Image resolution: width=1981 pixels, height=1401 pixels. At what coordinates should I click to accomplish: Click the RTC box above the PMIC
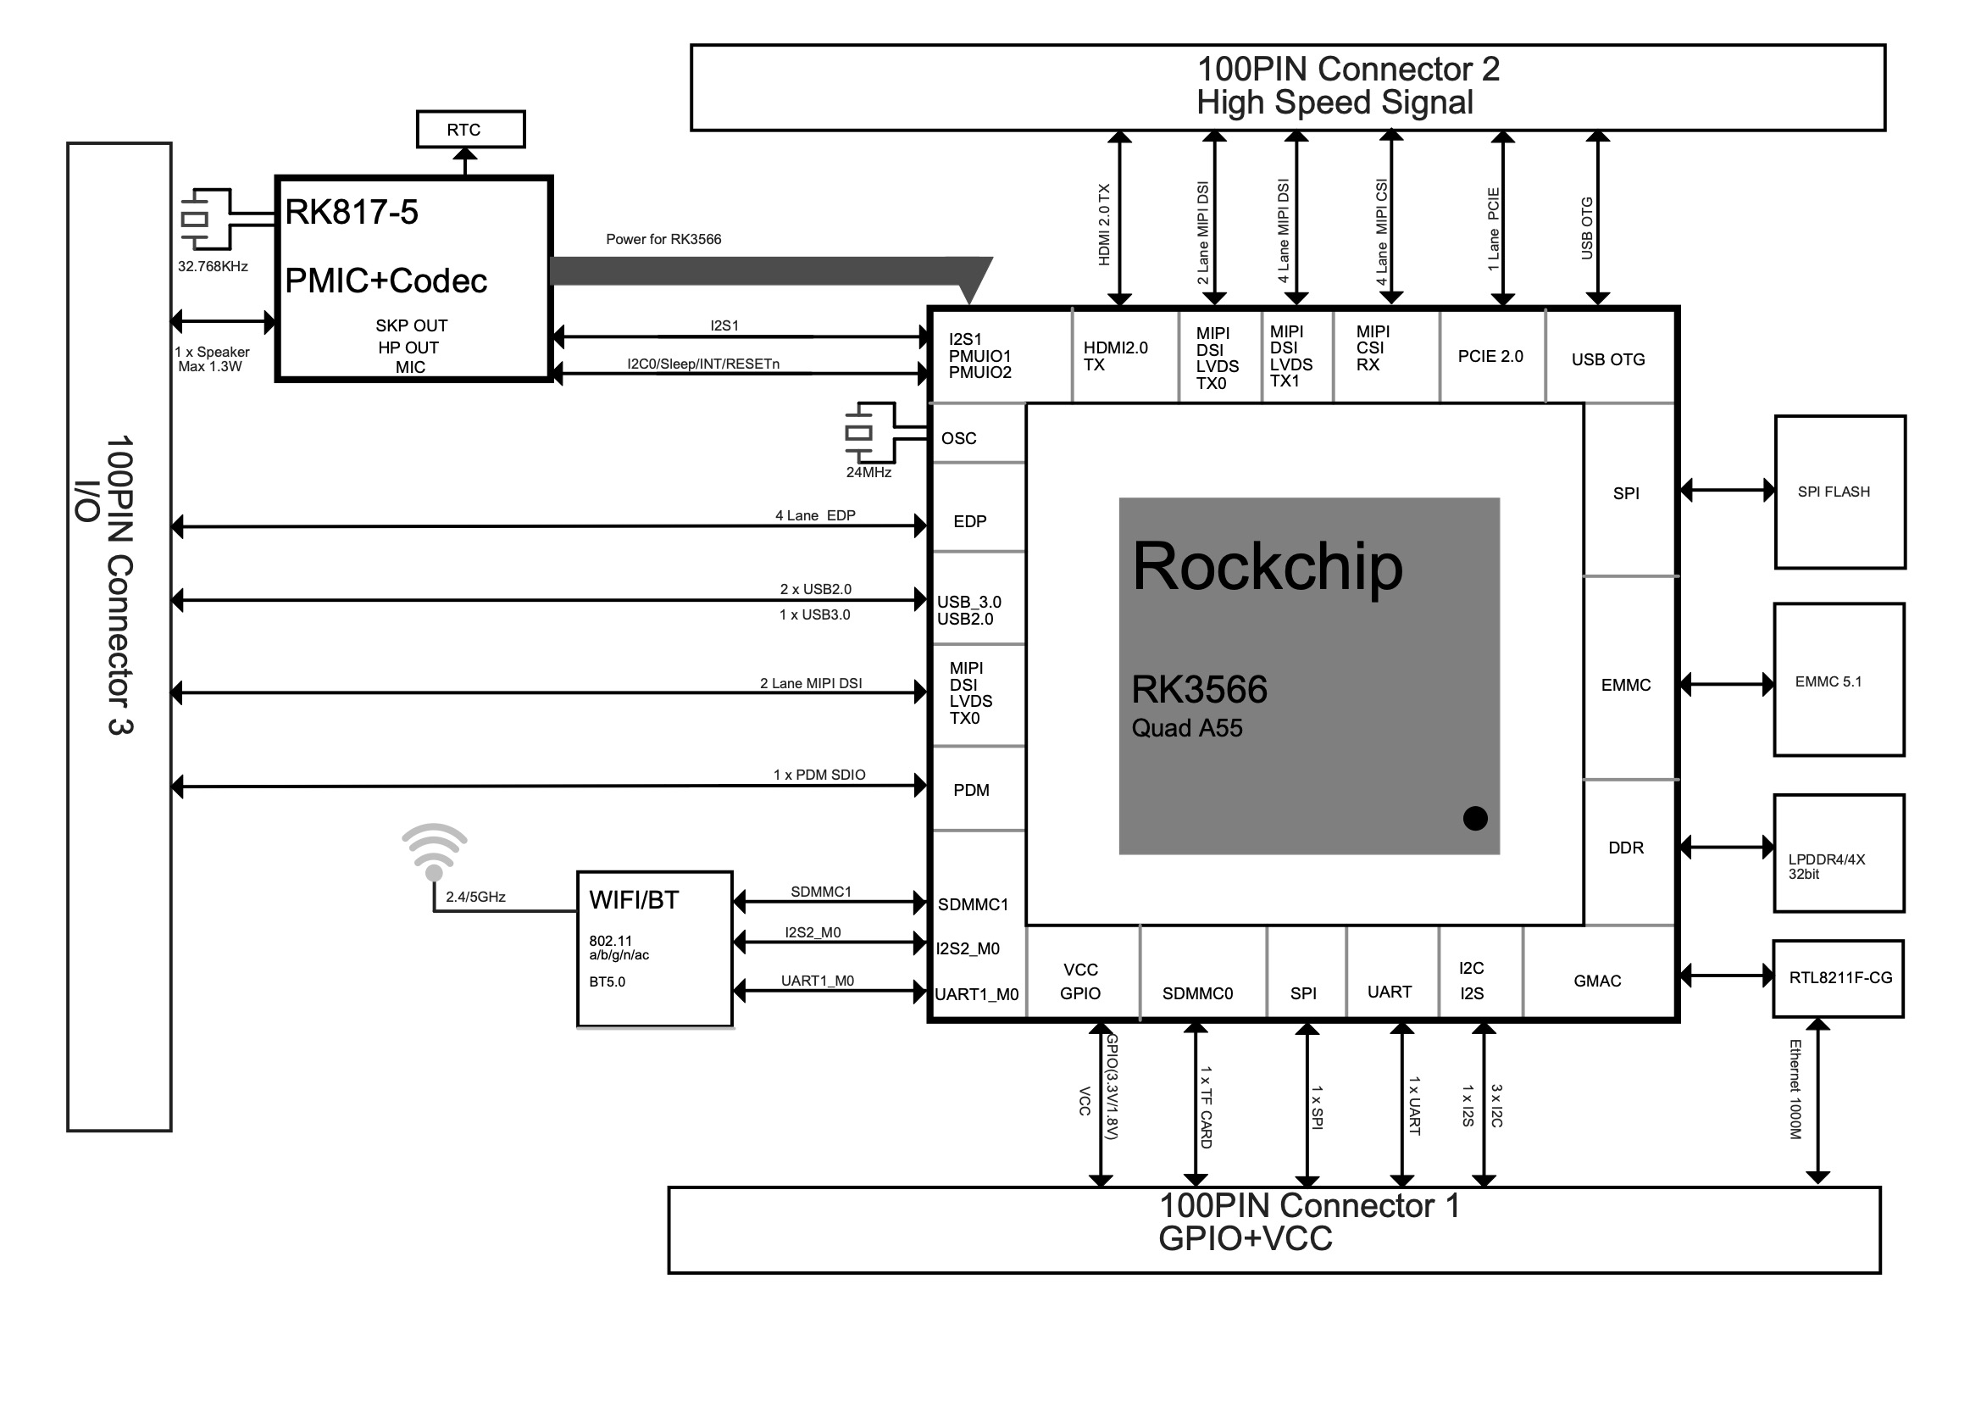(x=470, y=130)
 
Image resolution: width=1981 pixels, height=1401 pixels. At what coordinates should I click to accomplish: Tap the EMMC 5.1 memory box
(x=1838, y=681)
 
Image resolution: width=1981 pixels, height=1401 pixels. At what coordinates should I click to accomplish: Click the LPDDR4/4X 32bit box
(x=1838, y=853)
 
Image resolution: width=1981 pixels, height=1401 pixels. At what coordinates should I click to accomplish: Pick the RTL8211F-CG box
(x=1838, y=978)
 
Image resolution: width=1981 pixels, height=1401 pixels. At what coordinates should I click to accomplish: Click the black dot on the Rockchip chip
(x=1474, y=818)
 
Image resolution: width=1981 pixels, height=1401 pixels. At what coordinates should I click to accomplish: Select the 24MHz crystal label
(x=868, y=472)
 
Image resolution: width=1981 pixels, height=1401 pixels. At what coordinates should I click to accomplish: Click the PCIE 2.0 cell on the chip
(x=1490, y=356)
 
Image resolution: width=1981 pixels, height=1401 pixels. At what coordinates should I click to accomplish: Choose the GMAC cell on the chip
(x=1596, y=981)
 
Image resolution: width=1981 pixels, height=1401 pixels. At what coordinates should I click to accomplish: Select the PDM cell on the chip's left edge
(x=971, y=790)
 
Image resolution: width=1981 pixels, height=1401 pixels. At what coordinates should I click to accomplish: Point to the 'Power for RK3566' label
(x=663, y=239)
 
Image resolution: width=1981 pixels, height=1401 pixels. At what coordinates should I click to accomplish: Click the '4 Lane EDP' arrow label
(x=814, y=515)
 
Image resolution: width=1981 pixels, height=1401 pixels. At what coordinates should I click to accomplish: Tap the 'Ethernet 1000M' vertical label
(x=1795, y=1089)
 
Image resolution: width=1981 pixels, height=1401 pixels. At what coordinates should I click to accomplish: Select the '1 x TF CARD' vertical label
(x=1206, y=1107)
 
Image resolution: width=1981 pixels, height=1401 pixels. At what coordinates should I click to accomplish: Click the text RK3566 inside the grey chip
(x=1198, y=689)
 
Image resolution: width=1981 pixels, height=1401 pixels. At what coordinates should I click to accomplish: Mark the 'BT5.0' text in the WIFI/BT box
(x=607, y=981)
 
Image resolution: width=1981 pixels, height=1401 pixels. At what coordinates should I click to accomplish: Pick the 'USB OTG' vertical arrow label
(x=1586, y=228)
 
